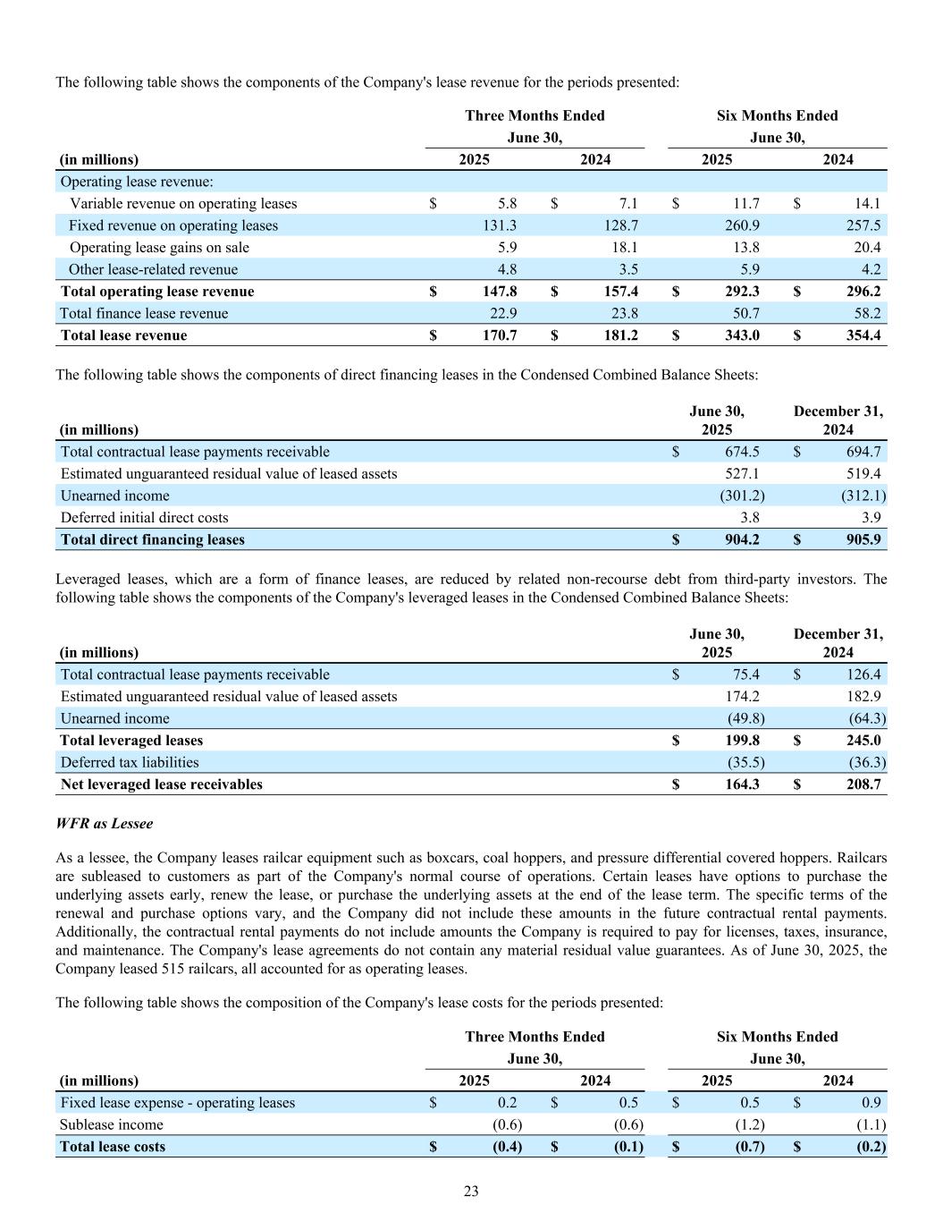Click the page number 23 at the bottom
coord(471,1191)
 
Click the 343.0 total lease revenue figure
coord(742,335)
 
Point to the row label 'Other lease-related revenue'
coord(153,269)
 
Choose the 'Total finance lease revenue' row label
coord(144,313)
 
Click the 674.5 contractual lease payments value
coord(742,452)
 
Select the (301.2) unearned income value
coord(742,496)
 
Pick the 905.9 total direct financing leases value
coord(863,539)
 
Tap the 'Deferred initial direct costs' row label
coord(144,518)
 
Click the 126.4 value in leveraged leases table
coord(863,674)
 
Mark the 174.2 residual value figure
coord(742,696)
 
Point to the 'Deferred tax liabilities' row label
coord(130,762)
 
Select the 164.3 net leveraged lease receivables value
coord(742,784)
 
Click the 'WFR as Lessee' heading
coord(104,823)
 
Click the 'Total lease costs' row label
coord(113,1147)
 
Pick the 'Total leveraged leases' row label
coord(131,741)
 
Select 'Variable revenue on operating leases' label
coord(183,204)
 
